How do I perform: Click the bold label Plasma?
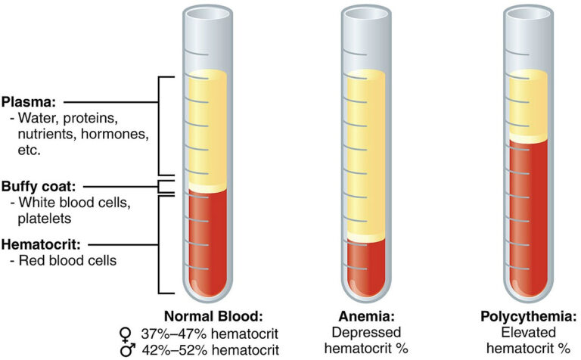(29, 102)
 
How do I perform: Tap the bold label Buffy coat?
(39, 186)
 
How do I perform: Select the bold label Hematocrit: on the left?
(41, 244)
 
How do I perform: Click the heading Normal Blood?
(213, 316)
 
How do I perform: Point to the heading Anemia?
(366, 316)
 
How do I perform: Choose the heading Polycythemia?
(528, 316)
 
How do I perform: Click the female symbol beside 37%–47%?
(126, 334)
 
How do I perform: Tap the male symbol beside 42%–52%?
(128, 350)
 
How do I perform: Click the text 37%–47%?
(173, 334)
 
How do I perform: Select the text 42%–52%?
(173, 349)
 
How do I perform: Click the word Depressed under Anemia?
(366, 333)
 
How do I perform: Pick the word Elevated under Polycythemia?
(528, 333)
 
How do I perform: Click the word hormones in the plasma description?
(114, 134)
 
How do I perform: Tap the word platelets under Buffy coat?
(45, 219)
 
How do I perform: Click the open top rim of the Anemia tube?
(366, 14)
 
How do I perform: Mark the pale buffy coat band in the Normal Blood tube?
(207, 187)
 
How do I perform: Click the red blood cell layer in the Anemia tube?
(366, 267)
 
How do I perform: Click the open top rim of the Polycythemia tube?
(528, 14)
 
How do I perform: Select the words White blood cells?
(74, 202)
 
